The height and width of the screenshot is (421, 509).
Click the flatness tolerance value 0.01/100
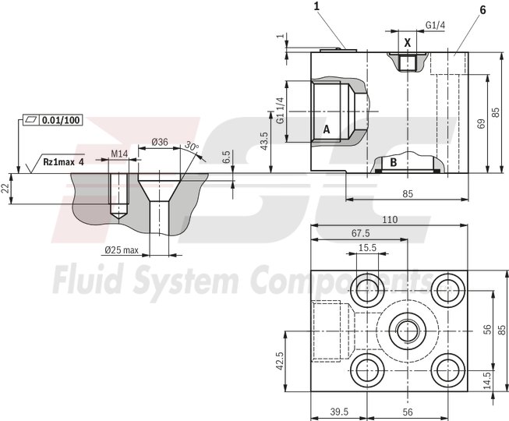(61, 120)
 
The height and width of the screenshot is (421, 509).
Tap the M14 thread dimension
(118, 154)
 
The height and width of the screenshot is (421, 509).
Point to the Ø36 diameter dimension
(159, 141)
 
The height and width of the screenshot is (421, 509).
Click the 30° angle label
(191, 147)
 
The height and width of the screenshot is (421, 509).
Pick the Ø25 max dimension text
(122, 250)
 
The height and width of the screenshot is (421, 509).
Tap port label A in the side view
(327, 129)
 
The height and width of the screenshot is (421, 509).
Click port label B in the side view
(394, 162)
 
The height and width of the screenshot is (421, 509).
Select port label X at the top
(407, 43)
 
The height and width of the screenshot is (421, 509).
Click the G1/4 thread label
(435, 26)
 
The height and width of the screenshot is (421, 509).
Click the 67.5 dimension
(360, 233)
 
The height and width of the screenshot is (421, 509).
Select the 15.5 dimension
(366, 247)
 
